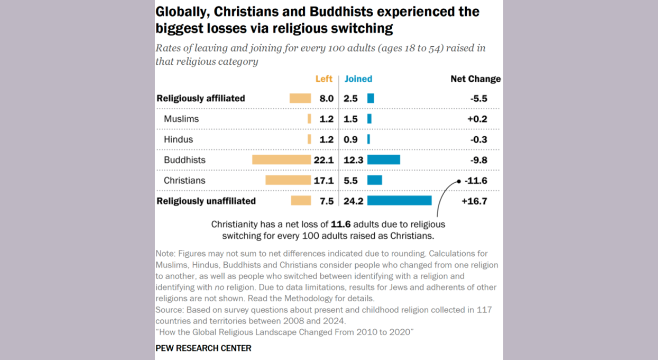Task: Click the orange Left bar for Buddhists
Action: click(x=281, y=160)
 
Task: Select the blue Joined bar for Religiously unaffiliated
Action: click(x=399, y=201)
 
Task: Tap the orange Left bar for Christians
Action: click(x=288, y=181)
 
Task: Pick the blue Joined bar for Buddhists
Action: click(x=383, y=160)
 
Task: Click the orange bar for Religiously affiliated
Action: click(x=300, y=98)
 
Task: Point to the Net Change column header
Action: click(x=475, y=79)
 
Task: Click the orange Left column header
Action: click(x=324, y=79)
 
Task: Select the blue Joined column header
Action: click(x=358, y=79)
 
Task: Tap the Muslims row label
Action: click(x=181, y=119)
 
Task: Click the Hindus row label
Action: click(x=178, y=139)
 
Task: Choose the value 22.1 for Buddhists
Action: click(x=323, y=160)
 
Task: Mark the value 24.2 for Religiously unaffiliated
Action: click(x=353, y=201)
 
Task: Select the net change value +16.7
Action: click(x=474, y=201)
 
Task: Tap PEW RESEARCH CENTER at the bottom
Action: click(x=204, y=348)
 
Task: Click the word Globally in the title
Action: click(x=180, y=12)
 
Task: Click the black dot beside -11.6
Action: click(x=458, y=181)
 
